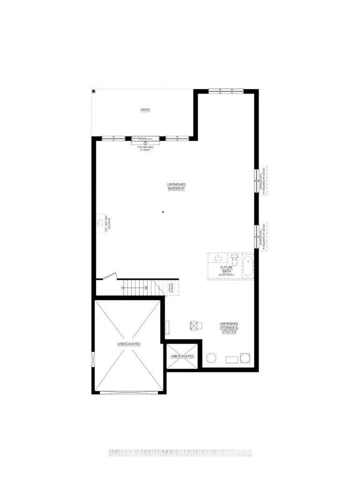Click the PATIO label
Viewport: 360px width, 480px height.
click(145, 109)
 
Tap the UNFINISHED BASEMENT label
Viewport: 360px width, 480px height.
click(176, 186)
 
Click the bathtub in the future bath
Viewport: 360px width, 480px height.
click(247, 266)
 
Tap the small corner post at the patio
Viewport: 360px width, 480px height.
click(93, 91)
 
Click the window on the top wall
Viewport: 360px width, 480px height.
click(226, 90)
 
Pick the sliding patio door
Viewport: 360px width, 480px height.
click(144, 138)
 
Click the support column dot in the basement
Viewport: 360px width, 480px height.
click(162, 212)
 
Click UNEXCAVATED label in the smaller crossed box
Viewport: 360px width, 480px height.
click(182, 356)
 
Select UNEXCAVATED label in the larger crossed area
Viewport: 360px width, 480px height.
click(128, 344)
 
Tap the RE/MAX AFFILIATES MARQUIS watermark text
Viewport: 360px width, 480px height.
click(180, 453)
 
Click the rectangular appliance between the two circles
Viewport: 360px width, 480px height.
click(231, 359)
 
